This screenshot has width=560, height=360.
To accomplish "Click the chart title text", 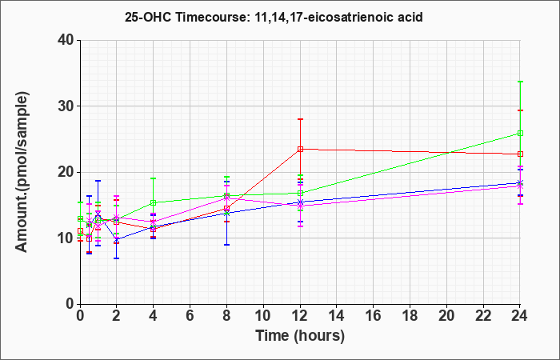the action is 274,17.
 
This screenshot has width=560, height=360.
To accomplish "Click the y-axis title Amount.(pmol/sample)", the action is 22,172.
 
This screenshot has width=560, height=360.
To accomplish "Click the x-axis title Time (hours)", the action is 300,336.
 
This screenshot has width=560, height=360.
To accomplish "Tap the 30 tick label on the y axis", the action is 66,106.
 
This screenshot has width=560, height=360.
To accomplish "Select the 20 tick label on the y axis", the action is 66,172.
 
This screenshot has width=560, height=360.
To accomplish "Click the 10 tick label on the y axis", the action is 66,238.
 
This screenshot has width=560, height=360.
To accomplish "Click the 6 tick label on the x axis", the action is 190,315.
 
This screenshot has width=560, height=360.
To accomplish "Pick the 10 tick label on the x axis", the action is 263,315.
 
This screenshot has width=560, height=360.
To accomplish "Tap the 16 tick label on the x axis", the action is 374,315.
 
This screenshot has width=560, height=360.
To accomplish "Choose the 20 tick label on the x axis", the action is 446,315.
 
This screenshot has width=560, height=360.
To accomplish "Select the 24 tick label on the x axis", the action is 520,315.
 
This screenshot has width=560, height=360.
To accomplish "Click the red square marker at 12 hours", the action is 300,149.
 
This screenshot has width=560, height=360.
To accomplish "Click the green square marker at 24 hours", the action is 520,134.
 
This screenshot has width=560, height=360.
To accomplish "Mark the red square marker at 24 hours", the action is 520,154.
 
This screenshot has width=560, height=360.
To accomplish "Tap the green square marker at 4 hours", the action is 154,202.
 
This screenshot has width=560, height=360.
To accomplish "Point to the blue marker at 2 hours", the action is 117,240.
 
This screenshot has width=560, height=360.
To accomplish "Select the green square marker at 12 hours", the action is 300,194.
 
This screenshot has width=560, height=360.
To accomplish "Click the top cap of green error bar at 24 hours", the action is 520,82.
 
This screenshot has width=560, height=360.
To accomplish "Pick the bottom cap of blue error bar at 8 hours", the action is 226,245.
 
